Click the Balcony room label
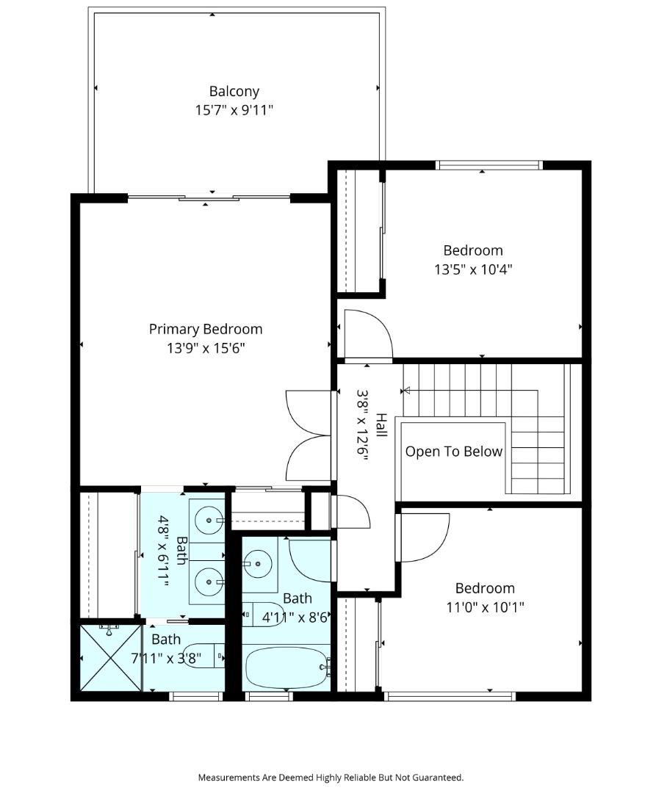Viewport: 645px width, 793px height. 234,92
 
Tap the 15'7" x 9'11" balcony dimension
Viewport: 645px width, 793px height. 234,109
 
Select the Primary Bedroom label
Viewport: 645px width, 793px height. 206,329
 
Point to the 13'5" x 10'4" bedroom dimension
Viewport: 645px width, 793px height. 473,269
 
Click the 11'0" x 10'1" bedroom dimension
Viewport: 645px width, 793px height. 485,606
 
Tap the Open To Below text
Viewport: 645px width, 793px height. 454,452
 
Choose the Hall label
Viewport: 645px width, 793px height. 381,425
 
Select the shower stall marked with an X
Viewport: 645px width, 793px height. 111,658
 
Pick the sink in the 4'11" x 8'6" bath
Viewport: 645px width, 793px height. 258,563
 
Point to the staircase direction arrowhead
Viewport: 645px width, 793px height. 406,391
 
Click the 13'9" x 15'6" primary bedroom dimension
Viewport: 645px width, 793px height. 206,348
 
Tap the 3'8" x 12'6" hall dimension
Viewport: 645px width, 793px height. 362,425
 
